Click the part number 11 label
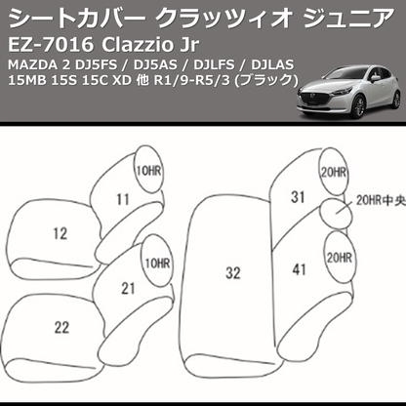click(122, 200)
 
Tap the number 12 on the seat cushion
click(61, 233)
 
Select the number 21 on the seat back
click(128, 288)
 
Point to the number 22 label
click(61, 326)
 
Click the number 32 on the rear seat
click(232, 273)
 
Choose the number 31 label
click(298, 196)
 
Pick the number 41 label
click(298, 266)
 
